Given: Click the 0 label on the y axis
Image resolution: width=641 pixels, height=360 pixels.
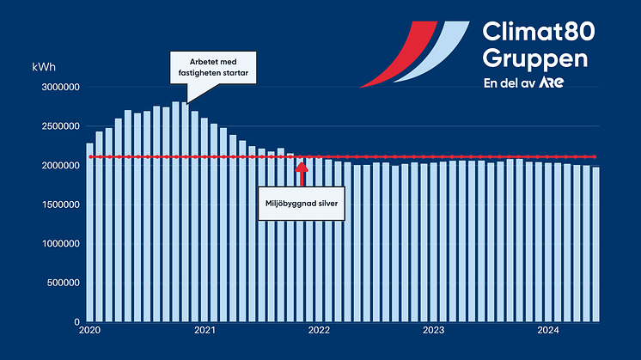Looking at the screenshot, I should [x=76, y=322].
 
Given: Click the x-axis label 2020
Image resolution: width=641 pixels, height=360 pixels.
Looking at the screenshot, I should [x=89, y=330].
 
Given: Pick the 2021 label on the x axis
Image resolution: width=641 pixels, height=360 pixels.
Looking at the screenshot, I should [x=205, y=330].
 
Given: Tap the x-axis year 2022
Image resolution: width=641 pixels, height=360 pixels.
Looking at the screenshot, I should [x=319, y=330].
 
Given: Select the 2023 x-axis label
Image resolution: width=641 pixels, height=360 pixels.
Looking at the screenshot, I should [x=434, y=330].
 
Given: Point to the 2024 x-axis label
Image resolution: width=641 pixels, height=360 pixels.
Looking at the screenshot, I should [x=548, y=330].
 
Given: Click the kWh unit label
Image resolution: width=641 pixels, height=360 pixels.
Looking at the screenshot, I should [x=43, y=66].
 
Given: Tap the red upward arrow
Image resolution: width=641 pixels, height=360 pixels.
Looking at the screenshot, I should [x=301, y=172].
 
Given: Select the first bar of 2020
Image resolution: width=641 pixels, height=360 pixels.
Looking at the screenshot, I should [x=89, y=232].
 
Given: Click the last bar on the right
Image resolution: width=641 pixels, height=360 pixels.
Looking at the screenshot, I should [x=595, y=244].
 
